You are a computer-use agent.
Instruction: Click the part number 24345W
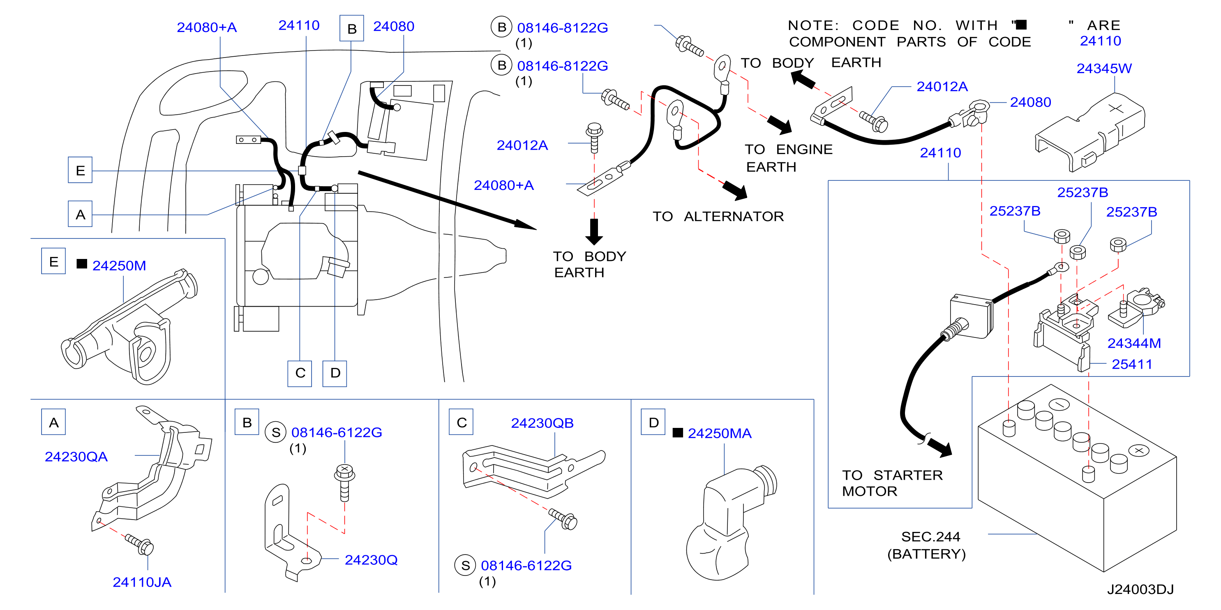coord(1103,69)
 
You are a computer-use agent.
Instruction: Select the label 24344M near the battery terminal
coord(1134,343)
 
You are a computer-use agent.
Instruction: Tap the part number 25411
coord(1132,364)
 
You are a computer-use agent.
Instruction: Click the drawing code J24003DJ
coord(1140,589)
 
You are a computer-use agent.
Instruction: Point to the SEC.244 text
coord(930,536)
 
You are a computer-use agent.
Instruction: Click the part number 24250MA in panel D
coord(720,433)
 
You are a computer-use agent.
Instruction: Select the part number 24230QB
coord(542,423)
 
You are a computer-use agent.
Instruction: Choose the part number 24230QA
coord(76,456)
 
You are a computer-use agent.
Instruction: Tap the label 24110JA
coord(142,582)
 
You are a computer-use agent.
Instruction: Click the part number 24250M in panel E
coord(119,266)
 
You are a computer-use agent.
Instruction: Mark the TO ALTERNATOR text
coord(718,217)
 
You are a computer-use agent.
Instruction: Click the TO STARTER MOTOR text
coord(893,483)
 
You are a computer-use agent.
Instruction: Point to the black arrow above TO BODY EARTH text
coord(594,232)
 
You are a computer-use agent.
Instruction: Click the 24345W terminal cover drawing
coord(1090,132)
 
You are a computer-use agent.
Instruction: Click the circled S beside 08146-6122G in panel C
coord(466,566)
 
